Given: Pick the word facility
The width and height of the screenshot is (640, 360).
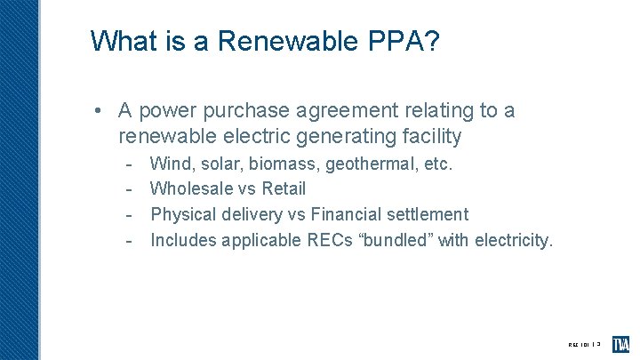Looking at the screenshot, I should coord(431,136).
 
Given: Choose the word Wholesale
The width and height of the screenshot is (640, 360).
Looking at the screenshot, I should coord(191,188).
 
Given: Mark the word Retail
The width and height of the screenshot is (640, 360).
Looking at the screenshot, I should coord(284,188).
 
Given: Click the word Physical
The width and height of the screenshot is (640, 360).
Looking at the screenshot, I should coord(183,214).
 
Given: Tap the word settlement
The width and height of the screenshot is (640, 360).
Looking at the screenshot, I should coord(424,214).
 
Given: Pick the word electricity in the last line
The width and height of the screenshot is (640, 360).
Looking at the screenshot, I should coord(514,239).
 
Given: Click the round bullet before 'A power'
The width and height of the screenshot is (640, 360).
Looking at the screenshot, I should coord(104,111).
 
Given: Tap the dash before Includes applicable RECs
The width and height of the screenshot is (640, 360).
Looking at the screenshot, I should coord(129,239).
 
